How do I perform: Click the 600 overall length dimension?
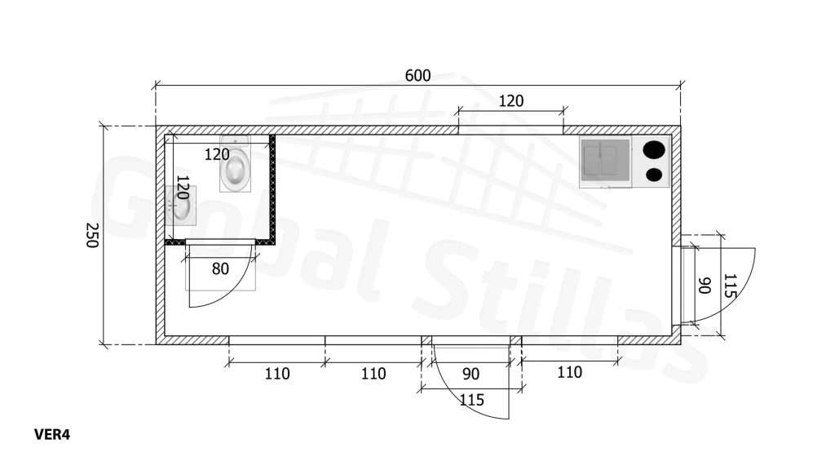pos(417,76)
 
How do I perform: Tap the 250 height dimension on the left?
pos(91,235)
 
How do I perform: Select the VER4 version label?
pos(51,435)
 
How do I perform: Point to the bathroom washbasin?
pos(180,204)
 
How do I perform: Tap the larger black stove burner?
pos(655,150)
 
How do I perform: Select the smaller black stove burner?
pos(654,175)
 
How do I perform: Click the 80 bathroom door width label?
pos(220,268)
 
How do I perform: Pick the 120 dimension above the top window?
pos(510,100)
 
